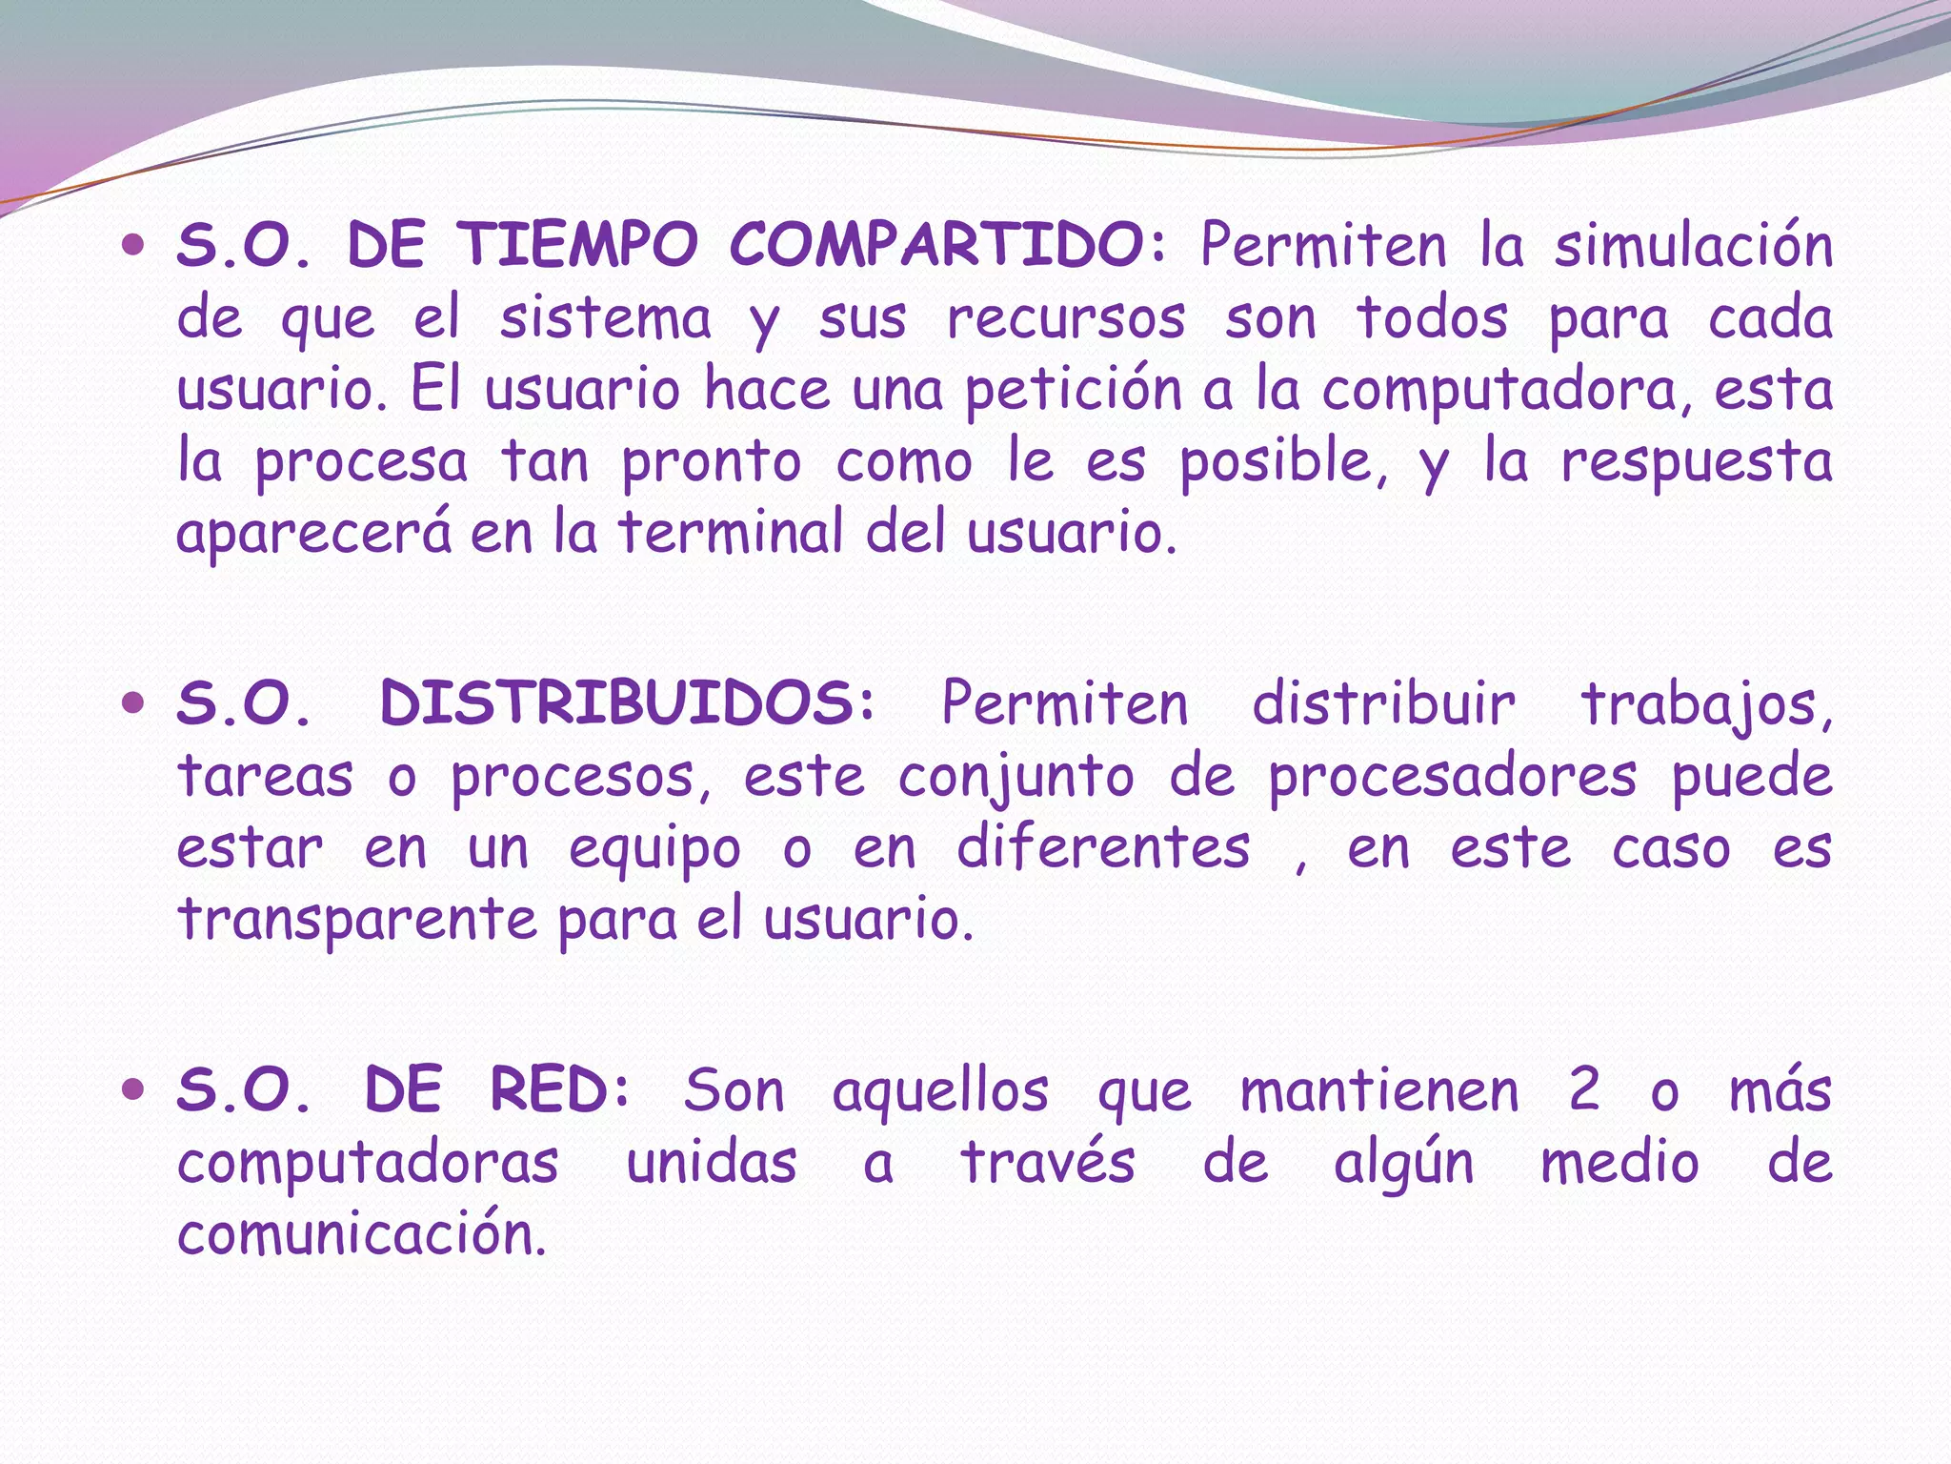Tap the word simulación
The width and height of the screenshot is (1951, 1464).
1693,245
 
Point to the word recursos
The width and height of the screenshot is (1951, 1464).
1066,318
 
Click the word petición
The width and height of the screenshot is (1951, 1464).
1074,391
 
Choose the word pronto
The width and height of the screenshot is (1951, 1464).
712,463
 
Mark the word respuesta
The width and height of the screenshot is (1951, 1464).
1696,463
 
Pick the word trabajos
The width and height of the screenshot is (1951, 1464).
1706,705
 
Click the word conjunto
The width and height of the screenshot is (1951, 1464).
1016,778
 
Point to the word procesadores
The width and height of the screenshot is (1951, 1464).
1452,778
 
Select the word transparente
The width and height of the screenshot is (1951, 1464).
358,921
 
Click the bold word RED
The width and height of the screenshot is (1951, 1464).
559,1090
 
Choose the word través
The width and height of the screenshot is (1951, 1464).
1048,1163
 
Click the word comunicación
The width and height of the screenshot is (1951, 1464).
362,1234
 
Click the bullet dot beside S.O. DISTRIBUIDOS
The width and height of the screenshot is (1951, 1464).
133,704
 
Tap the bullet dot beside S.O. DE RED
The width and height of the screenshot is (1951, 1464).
133,1089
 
